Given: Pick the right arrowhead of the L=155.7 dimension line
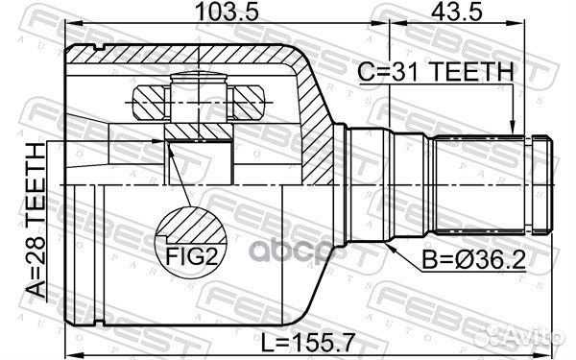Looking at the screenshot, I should pyautogui.click(x=551, y=349).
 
